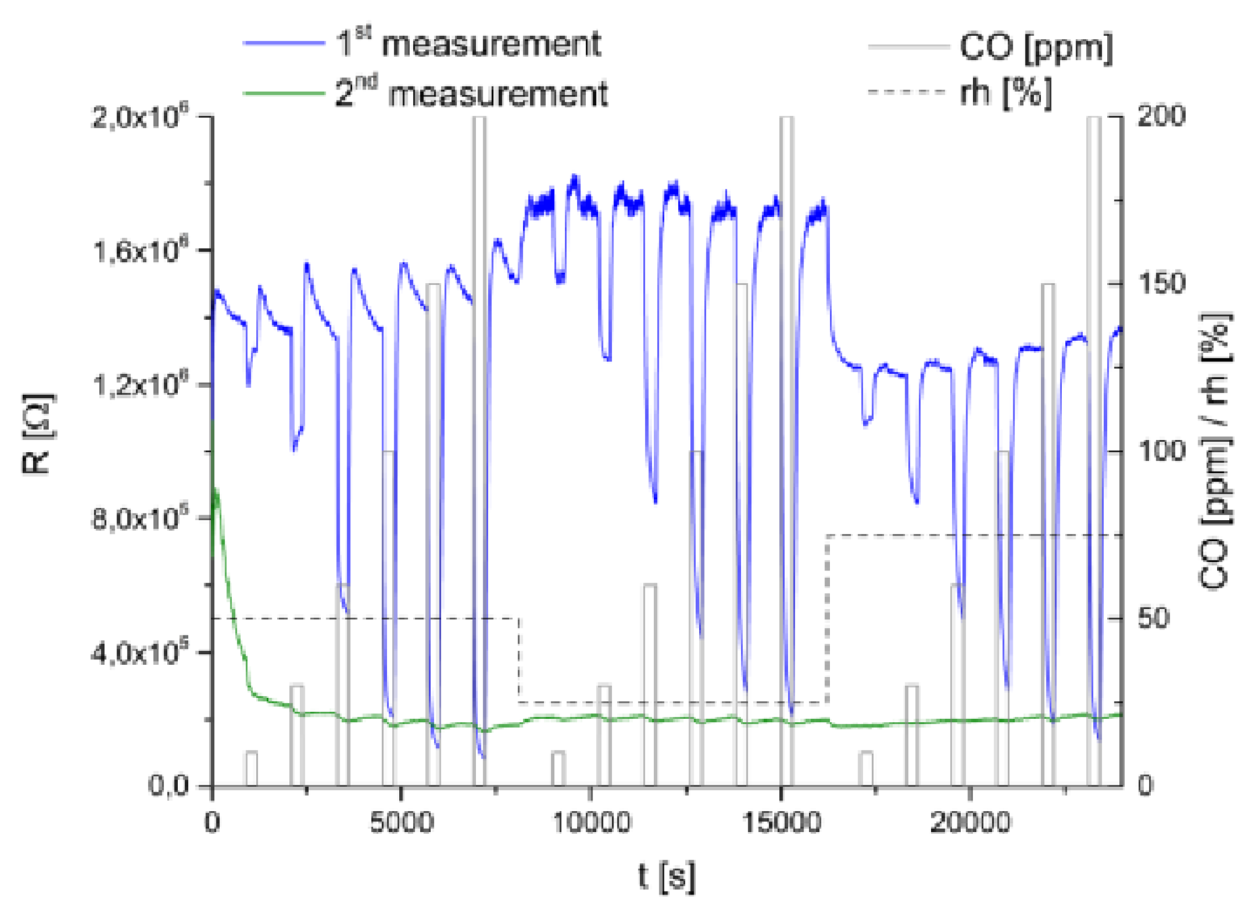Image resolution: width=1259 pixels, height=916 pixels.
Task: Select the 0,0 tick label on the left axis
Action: click(x=170, y=786)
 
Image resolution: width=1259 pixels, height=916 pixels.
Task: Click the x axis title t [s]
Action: click(x=666, y=877)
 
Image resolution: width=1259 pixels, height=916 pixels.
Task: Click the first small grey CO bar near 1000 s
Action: click(x=251, y=769)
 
